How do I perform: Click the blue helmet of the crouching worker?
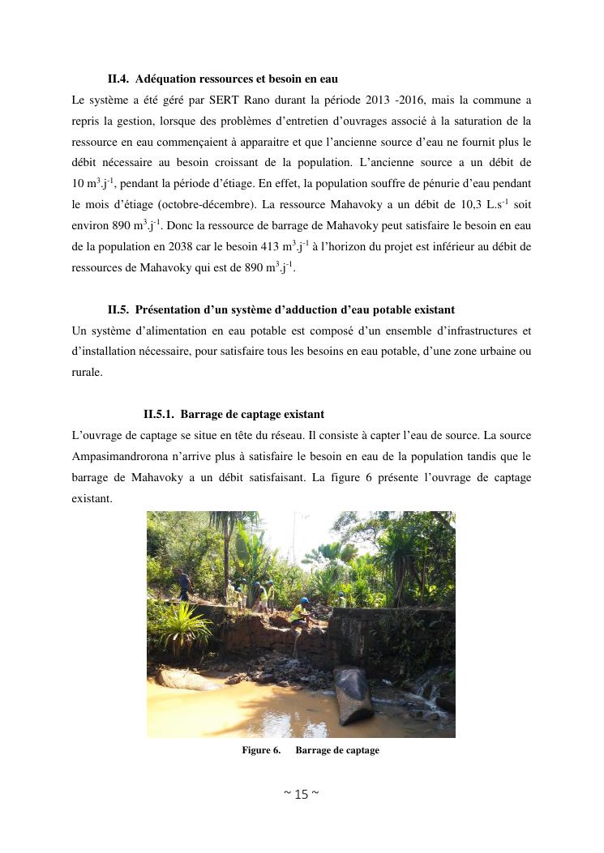point(304,601)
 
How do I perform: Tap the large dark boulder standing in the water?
point(353,693)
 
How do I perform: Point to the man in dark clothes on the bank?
point(186,584)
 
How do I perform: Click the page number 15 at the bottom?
point(301,795)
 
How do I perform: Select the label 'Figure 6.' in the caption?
point(261,751)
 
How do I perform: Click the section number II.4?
point(118,79)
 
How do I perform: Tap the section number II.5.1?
point(159,415)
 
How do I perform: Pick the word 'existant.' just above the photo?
point(92,499)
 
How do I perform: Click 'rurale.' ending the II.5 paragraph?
point(87,373)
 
